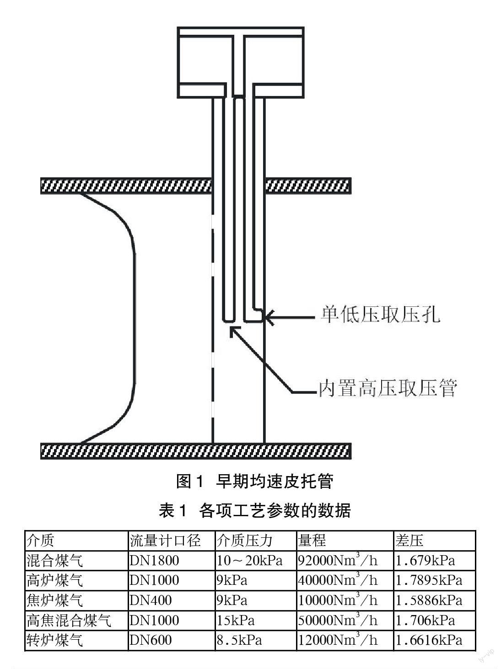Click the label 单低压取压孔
coord(380,315)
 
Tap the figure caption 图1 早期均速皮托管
coord(255,481)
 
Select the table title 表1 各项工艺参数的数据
coord(254,510)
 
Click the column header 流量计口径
coord(165,541)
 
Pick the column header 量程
coord(312,541)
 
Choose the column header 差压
coord(409,541)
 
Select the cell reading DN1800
coord(154,560)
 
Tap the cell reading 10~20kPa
coord(249,560)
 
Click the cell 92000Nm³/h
coord(338,560)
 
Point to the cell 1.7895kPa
coord(429,580)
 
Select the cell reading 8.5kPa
coord(239,640)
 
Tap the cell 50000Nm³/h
coord(338,620)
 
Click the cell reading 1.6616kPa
coord(429,640)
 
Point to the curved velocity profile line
coord(134,316)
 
